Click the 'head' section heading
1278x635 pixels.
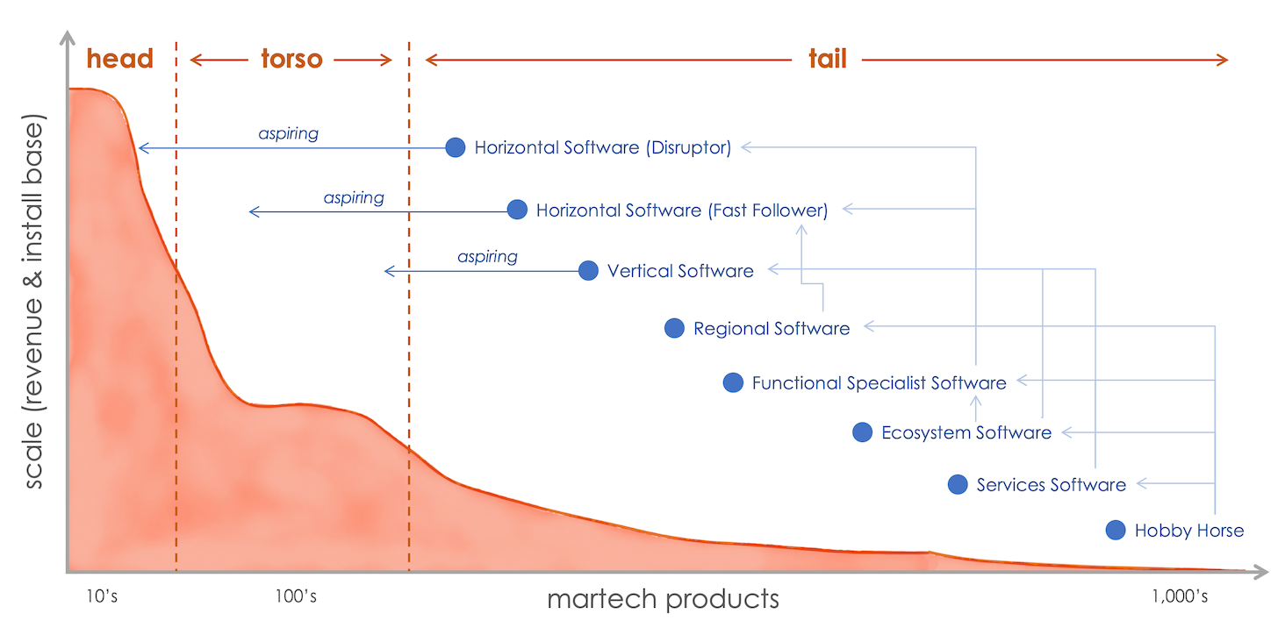coord(120,59)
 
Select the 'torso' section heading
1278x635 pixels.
coord(291,59)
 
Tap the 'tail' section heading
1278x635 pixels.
coord(827,59)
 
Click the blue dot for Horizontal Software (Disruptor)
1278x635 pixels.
coord(455,147)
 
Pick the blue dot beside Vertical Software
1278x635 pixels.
coord(588,270)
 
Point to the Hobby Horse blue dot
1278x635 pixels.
coord(1115,530)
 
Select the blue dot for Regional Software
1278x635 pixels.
coord(674,328)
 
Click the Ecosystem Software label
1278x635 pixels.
coord(966,432)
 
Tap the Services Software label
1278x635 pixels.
coord(1051,484)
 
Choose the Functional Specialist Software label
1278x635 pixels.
coord(879,382)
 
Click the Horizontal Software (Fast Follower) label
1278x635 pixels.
coord(682,210)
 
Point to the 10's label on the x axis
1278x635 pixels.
coord(102,597)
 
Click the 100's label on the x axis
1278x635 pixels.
coord(296,597)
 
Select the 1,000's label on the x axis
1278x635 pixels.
coord(1180,597)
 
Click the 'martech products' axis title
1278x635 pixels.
coord(663,599)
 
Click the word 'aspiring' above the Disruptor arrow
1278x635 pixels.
coord(288,134)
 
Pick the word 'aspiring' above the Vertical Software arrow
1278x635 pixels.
coord(487,257)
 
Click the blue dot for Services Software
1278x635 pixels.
coord(958,484)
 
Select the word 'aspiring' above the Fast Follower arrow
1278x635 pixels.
coord(354,197)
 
